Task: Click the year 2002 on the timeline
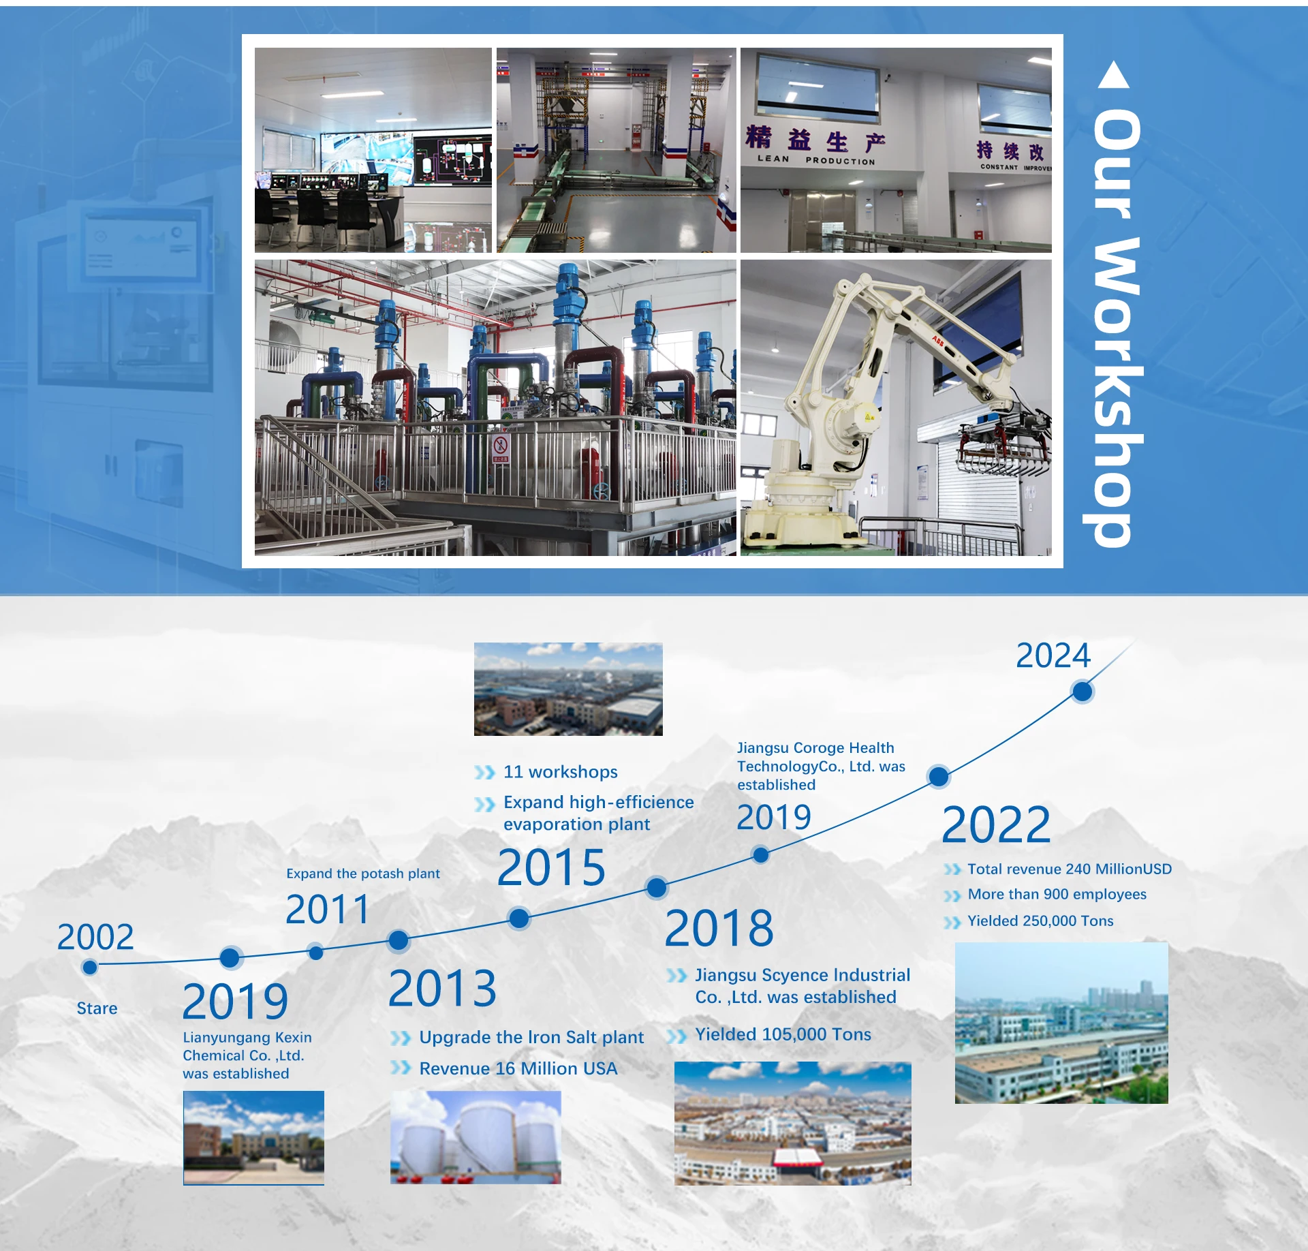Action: coord(95,937)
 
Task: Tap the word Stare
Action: coord(97,1008)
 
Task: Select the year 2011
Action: coord(327,910)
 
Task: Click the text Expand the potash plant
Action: coord(363,874)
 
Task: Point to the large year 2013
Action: coord(442,988)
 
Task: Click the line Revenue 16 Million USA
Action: coord(518,1068)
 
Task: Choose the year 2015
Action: coord(551,867)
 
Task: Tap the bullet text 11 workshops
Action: coord(560,772)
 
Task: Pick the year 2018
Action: coord(719,928)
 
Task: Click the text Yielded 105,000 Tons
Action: coord(783,1034)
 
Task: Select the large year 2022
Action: coord(996,825)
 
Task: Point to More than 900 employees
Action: coord(1057,895)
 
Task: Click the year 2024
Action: coord(1053,655)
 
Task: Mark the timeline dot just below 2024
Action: coord(1082,692)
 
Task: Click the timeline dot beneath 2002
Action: coord(89,967)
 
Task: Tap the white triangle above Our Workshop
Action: coord(1114,76)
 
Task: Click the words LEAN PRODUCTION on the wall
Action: coord(816,160)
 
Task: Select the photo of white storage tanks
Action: coord(476,1137)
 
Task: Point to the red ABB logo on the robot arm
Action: coord(938,341)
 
